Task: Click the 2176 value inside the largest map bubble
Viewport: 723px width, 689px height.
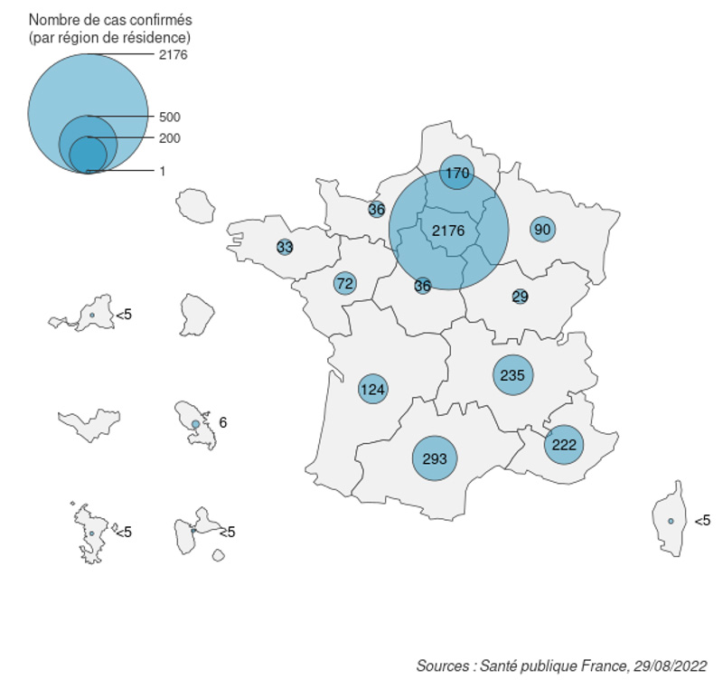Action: coord(448,231)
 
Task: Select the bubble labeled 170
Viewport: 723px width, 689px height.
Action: coord(457,172)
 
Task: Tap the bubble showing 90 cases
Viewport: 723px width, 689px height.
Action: coord(542,229)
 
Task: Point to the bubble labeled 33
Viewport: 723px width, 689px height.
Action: coord(285,247)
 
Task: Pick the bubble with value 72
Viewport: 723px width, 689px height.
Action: coord(344,284)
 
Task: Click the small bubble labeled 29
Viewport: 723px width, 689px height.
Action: coord(520,297)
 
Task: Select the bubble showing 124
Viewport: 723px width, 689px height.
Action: coord(372,391)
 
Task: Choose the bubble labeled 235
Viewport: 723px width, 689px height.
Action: coord(512,374)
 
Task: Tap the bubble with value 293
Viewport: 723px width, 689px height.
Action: coord(435,458)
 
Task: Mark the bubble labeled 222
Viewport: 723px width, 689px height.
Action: coord(564,445)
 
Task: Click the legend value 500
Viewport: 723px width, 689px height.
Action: coord(169,118)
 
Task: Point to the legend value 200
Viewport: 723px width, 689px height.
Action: coord(169,138)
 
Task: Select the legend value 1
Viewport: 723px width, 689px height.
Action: coord(162,171)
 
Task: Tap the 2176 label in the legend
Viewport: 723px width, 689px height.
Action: coord(172,55)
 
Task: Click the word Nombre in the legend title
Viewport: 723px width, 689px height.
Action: coord(52,19)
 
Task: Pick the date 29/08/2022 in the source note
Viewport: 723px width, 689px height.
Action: coord(669,666)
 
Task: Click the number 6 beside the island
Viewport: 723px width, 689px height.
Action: coord(223,422)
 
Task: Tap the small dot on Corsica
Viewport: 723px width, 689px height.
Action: coord(671,521)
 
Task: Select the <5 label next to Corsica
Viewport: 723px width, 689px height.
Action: coord(702,521)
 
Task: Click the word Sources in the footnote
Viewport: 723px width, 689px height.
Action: coord(441,666)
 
